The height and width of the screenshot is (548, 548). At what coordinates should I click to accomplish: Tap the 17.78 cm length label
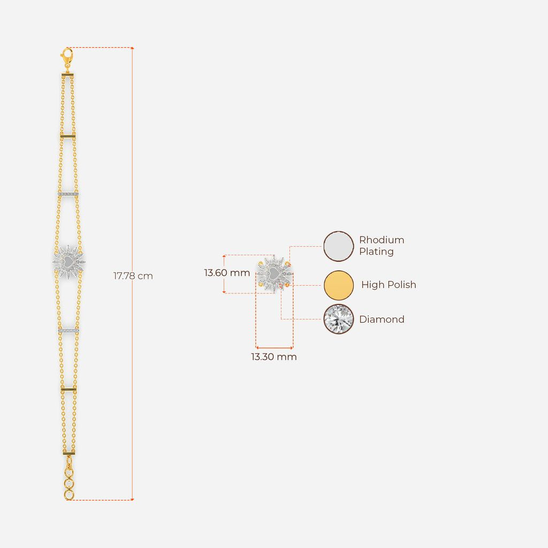coord(133,276)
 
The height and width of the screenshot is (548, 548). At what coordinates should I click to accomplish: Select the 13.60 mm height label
coord(227,272)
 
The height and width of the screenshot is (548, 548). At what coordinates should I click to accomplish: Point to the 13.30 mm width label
coord(274,357)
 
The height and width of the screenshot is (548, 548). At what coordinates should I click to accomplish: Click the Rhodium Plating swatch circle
coord(338,246)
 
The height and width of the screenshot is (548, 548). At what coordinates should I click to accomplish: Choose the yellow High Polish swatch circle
coord(338,285)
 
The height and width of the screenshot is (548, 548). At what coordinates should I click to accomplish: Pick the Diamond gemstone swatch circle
coord(338,319)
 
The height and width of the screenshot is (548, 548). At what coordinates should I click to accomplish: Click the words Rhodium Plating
coord(382,246)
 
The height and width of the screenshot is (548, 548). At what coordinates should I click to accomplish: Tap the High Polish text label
coord(389,285)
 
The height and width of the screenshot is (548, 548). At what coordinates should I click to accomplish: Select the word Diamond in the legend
coord(382,319)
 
